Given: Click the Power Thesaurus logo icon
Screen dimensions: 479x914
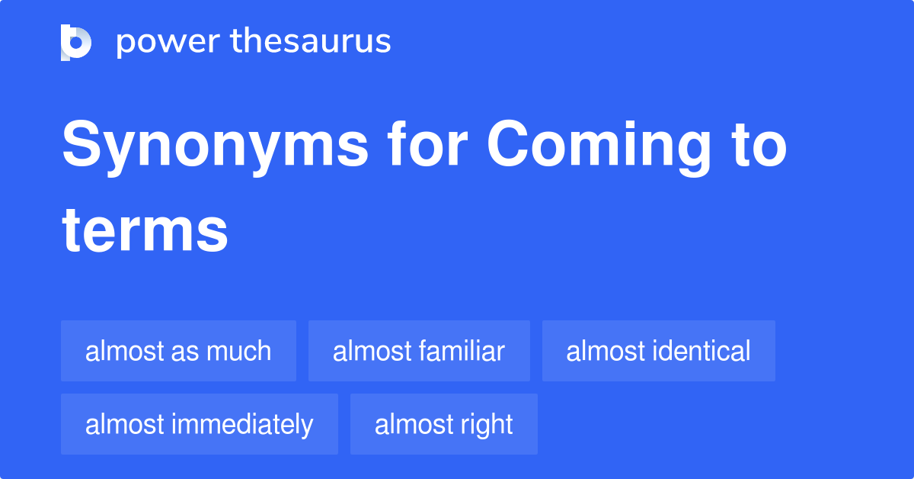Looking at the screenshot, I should pos(76,42).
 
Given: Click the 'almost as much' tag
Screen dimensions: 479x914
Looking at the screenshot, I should pos(178,351).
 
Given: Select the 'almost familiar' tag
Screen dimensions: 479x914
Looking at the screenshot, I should pos(419,351).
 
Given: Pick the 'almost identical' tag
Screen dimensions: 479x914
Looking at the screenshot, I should pos(658,351).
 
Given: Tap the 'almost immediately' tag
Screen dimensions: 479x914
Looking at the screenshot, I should pos(199,424).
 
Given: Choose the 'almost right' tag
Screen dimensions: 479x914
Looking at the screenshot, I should pos(443,424).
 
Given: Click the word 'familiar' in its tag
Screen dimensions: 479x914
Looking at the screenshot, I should pos(462,351).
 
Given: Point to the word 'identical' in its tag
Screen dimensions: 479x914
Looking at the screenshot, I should pos(701,351).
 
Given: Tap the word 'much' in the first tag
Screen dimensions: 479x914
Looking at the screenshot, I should pos(241,351).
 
